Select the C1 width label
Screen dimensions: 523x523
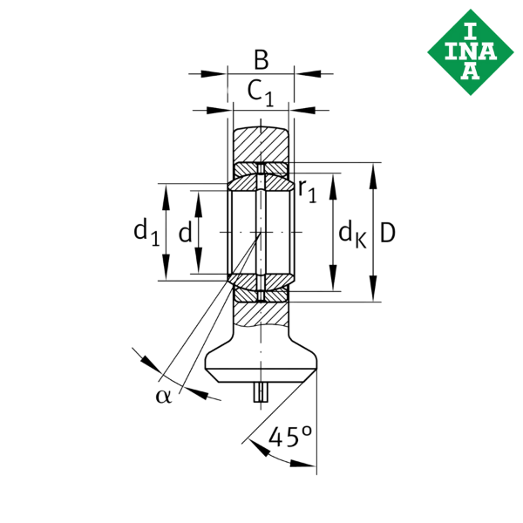pyautogui.click(x=260, y=92)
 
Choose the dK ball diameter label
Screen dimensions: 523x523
pyautogui.click(x=350, y=234)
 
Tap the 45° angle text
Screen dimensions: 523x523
pyautogui.click(x=290, y=436)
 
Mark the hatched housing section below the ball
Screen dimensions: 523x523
pyautogui.click(x=261, y=310)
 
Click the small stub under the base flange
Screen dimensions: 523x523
pyautogui.click(x=259, y=393)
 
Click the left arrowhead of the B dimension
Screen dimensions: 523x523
pyautogui.click(x=214, y=74)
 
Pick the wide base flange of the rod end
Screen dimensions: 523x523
pyautogui.click(x=261, y=366)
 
